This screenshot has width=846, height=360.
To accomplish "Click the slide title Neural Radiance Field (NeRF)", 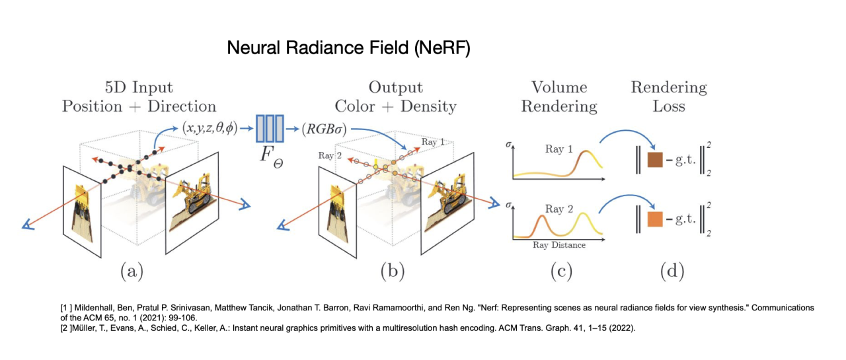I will click(x=348, y=48).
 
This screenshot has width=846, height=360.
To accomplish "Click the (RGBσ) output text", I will click(x=325, y=128).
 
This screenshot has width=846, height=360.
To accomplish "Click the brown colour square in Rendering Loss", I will click(x=655, y=161).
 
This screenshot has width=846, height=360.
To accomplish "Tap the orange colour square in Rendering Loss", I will click(x=655, y=220).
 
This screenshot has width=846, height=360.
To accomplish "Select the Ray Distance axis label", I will click(x=558, y=245).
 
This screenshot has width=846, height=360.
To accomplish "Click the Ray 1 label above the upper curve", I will click(x=558, y=149).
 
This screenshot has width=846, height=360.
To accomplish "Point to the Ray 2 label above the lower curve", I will click(x=558, y=209).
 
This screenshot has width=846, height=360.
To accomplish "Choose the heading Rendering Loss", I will click(x=669, y=96).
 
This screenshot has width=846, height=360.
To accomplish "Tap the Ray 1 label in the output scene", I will click(x=432, y=143).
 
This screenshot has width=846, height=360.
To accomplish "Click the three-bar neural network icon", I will click(x=269, y=128).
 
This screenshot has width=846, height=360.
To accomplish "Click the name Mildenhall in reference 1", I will click(x=96, y=308).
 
